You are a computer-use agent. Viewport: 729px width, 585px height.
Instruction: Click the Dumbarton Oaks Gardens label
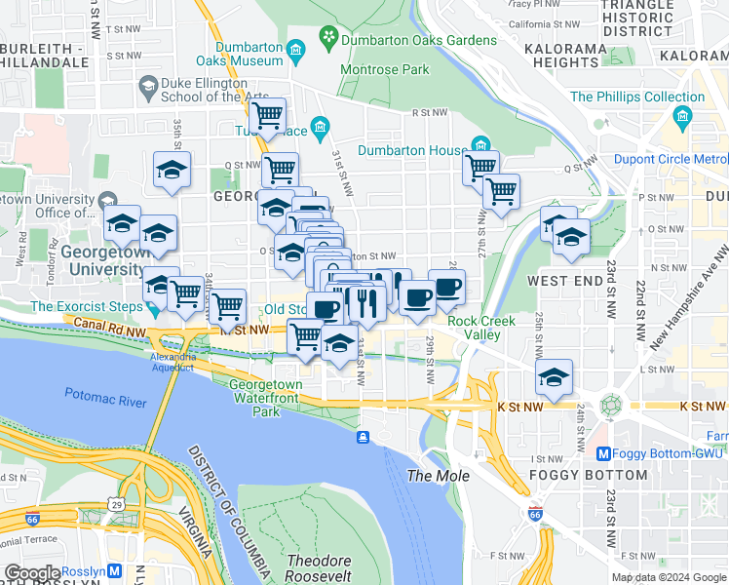click(419, 40)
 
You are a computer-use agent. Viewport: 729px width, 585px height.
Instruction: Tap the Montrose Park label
click(384, 70)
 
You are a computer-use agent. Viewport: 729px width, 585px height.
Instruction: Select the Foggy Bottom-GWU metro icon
click(602, 453)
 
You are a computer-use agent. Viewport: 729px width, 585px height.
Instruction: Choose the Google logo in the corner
click(32, 573)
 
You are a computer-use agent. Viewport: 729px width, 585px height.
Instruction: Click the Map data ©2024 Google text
click(669, 577)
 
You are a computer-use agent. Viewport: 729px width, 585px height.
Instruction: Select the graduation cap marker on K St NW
click(554, 377)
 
